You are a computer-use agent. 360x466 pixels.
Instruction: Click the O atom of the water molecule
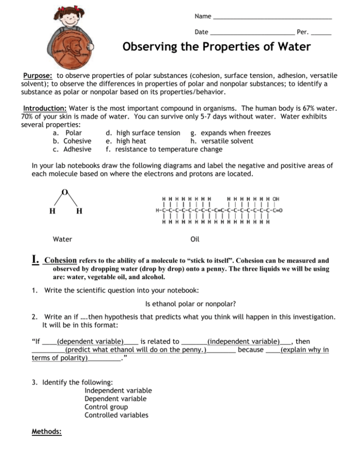[64, 192]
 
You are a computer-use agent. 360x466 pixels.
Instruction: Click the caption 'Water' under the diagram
[63, 239]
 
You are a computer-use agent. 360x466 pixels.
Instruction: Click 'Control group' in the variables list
[106, 406]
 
